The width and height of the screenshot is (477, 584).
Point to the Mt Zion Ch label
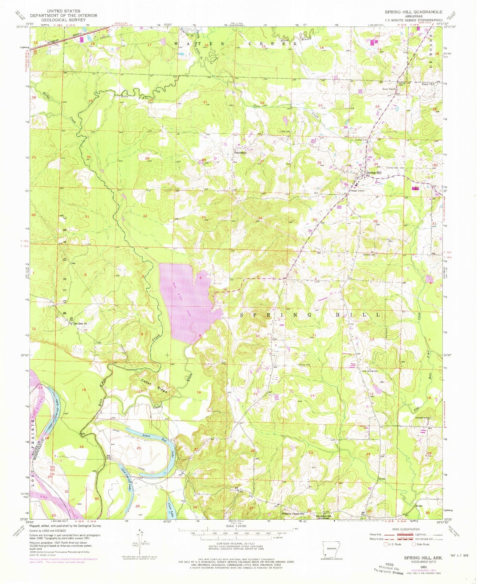pyautogui.click(x=80, y=323)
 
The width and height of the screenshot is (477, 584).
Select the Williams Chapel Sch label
pyautogui.click(x=293, y=514)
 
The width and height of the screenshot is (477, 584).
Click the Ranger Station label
pyautogui.click(x=357, y=190)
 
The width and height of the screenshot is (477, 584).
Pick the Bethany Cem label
pyautogui.click(x=369, y=254)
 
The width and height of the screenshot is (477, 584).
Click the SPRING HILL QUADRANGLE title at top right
pyautogui.click(x=413, y=12)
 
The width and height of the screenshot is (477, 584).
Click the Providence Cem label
pyautogui.click(x=422, y=418)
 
